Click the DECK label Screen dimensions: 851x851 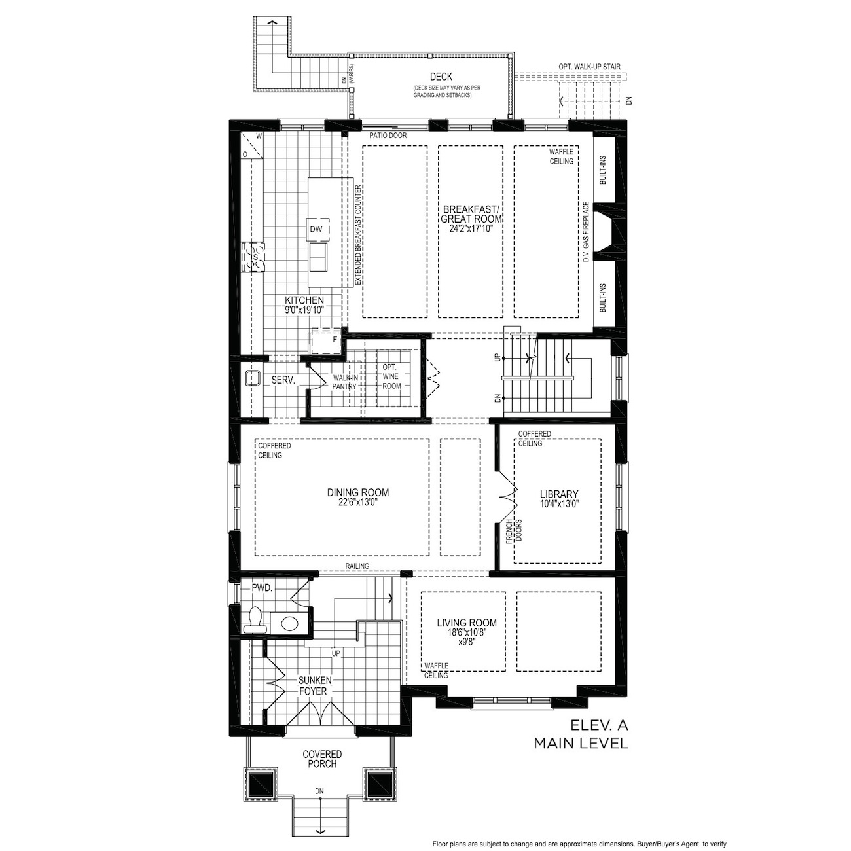(441, 77)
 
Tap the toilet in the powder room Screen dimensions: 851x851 (255, 620)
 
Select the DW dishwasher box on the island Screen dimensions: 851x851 (318, 229)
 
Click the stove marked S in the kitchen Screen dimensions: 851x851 (253, 257)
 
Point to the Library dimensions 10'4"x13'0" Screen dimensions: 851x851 (559, 503)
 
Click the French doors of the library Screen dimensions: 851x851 (508, 498)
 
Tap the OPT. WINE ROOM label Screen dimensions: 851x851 (391, 376)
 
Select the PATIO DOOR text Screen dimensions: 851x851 (388, 136)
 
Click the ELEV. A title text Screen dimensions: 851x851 (599, 725)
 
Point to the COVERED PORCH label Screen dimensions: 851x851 (322, 759)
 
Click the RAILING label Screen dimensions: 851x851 (357, 566)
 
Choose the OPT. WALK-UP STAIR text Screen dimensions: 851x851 (590, 67)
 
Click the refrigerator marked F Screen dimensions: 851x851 (326, 341)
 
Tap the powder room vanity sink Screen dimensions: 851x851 (289, 623)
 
